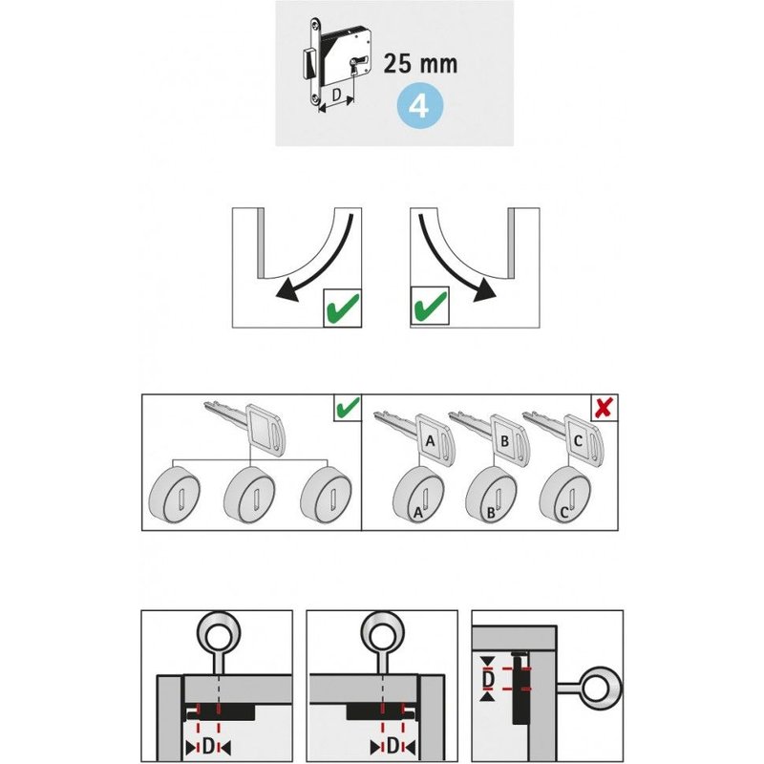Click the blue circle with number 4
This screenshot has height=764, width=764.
coord(419,106)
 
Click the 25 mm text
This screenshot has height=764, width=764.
coord(420,64)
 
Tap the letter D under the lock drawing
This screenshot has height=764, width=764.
coord(336,94)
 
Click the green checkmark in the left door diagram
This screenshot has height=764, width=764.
coord(343,308)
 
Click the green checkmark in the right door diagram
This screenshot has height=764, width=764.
coord(429,306)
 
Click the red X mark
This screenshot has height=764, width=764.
coord(605,407)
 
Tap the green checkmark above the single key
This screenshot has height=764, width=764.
coord(348,408)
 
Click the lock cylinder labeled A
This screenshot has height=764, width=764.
coord(419,495)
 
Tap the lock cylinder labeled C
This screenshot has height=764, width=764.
coord(565,495)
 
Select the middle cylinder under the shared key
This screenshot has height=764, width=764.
coord(249,495)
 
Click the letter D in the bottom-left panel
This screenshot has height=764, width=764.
coord(208,746)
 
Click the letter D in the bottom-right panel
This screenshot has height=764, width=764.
coord(488,679)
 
